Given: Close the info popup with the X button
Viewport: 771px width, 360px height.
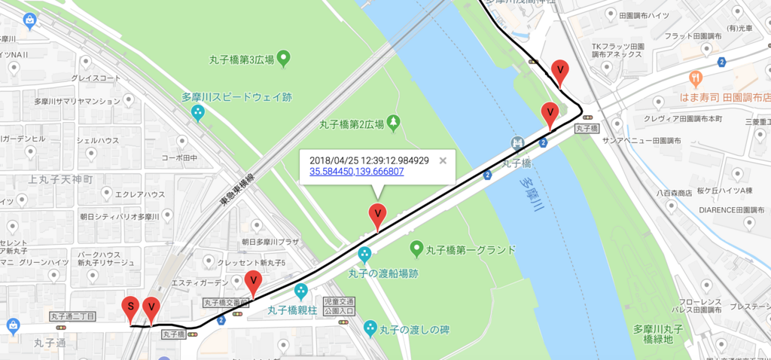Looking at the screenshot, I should click(x=443, y=160).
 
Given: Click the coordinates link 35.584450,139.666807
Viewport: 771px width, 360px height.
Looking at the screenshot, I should click(x=356, y=172).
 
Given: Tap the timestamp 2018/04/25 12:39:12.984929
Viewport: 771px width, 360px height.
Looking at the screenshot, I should click(x=369, y=160).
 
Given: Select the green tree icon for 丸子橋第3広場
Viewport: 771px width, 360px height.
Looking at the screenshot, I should click(x=284, y=58).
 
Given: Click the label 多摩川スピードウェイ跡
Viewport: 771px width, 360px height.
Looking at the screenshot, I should click(x=236, y=97).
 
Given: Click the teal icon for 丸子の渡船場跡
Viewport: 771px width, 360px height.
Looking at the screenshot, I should click(x=365, y=255).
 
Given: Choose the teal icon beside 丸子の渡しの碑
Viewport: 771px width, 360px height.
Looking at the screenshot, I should click(x=370, y=328).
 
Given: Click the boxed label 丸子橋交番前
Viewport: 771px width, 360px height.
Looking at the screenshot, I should click(x=227, y=303).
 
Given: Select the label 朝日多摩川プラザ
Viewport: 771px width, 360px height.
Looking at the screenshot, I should click(x=270, y=242).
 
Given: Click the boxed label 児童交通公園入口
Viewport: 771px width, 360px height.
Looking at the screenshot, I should click(x=338, y=306).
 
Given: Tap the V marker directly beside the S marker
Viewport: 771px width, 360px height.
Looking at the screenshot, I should click(x=151, y=308).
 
